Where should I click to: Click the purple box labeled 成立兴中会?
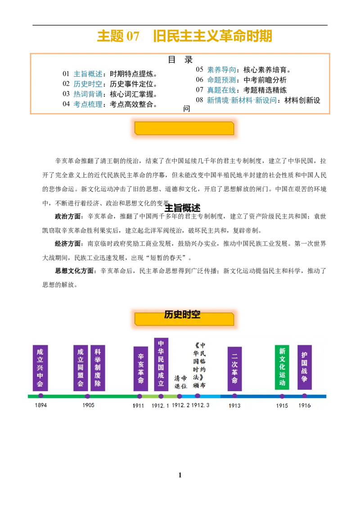point(40,368)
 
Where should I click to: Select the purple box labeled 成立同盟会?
point(81,368)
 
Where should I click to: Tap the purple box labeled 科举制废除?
point(98,368)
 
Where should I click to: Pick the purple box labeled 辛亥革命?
point(141,369)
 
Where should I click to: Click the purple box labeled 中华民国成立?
point(161,364)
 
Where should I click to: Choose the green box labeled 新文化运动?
point(282,367)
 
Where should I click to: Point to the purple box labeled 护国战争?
point(305,367)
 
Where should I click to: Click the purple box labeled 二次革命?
point(234,369)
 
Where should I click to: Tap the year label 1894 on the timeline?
point(41,405)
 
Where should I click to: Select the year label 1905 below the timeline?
point(88,405)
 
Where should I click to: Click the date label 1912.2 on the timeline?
point(180,405)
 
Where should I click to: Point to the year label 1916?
point(305,406)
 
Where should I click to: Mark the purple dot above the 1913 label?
point(234,396)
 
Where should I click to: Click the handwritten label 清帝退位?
point(180,382)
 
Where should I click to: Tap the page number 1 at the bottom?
point(180,475)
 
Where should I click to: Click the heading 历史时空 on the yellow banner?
point(182,315)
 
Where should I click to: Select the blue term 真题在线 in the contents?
point(221,90)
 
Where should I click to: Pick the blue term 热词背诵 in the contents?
point(88,94)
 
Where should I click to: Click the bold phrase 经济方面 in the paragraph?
point(67,244)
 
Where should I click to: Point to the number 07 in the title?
point(133,36)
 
